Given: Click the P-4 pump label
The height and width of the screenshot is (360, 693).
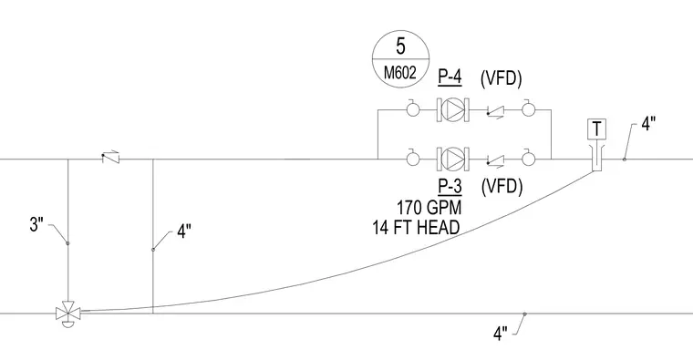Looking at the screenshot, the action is tap(450, 77).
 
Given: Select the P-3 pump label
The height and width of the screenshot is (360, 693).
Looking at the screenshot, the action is tap(450, 187).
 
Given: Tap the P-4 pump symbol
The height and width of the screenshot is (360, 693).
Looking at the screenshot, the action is tap(453, 109).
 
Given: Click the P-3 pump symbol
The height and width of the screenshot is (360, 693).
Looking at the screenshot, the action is tap(453, 158).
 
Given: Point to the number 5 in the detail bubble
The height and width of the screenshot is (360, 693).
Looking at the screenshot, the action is tap(400, 46).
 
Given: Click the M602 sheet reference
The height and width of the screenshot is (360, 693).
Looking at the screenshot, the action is tap(400, 72).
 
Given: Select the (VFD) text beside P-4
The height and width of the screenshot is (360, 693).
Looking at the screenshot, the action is tap(502, 78).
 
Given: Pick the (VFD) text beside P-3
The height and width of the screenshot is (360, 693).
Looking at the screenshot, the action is tap(502, 187).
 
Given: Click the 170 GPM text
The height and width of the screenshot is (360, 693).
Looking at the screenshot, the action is tap(429, 207).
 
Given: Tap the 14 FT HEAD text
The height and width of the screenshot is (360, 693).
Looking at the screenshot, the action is tap(416, 227).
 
